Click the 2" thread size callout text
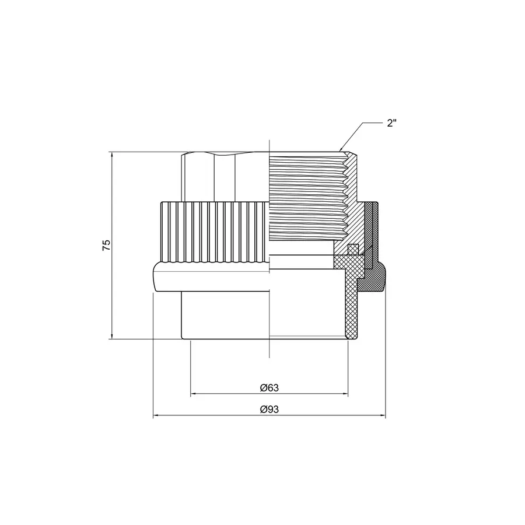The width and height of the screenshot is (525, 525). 392,123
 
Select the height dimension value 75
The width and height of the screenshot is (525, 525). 106,245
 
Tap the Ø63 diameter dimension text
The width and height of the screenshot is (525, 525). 269,387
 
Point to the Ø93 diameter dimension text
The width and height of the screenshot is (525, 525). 269,409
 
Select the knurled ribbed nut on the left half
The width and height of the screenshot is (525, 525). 213,230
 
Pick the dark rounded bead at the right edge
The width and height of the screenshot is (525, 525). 373,280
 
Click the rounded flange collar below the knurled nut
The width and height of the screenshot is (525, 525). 210,277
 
